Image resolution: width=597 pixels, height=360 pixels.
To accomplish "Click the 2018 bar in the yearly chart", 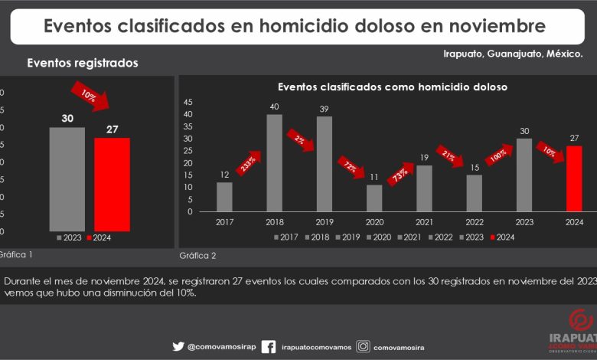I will coord(274,163).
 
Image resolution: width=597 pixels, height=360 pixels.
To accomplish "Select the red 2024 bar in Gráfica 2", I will coord(574,178).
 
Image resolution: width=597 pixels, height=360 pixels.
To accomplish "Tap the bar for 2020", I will coord(374,198).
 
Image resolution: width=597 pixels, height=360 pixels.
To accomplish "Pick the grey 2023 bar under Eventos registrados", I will coord(67,178).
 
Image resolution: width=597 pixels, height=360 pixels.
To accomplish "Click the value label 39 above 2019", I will coord(325,108).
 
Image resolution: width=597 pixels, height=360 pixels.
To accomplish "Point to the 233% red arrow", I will coord(249,162).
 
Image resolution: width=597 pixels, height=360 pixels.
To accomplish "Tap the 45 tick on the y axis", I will coord(189,103).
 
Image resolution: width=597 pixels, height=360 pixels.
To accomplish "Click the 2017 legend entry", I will coord(286,237).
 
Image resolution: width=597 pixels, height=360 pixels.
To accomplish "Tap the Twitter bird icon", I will coord(178,346).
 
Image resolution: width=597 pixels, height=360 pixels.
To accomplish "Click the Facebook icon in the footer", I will coord(269,346).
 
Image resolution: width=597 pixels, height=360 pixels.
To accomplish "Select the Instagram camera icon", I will coord(364,346).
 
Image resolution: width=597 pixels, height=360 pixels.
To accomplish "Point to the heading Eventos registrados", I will coord(83,64).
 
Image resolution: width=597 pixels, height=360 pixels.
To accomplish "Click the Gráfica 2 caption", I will coord(197,255).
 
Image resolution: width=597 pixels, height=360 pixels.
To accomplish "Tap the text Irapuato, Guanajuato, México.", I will coord(513,54).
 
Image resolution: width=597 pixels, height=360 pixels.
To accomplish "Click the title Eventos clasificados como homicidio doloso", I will coord(392,87).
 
